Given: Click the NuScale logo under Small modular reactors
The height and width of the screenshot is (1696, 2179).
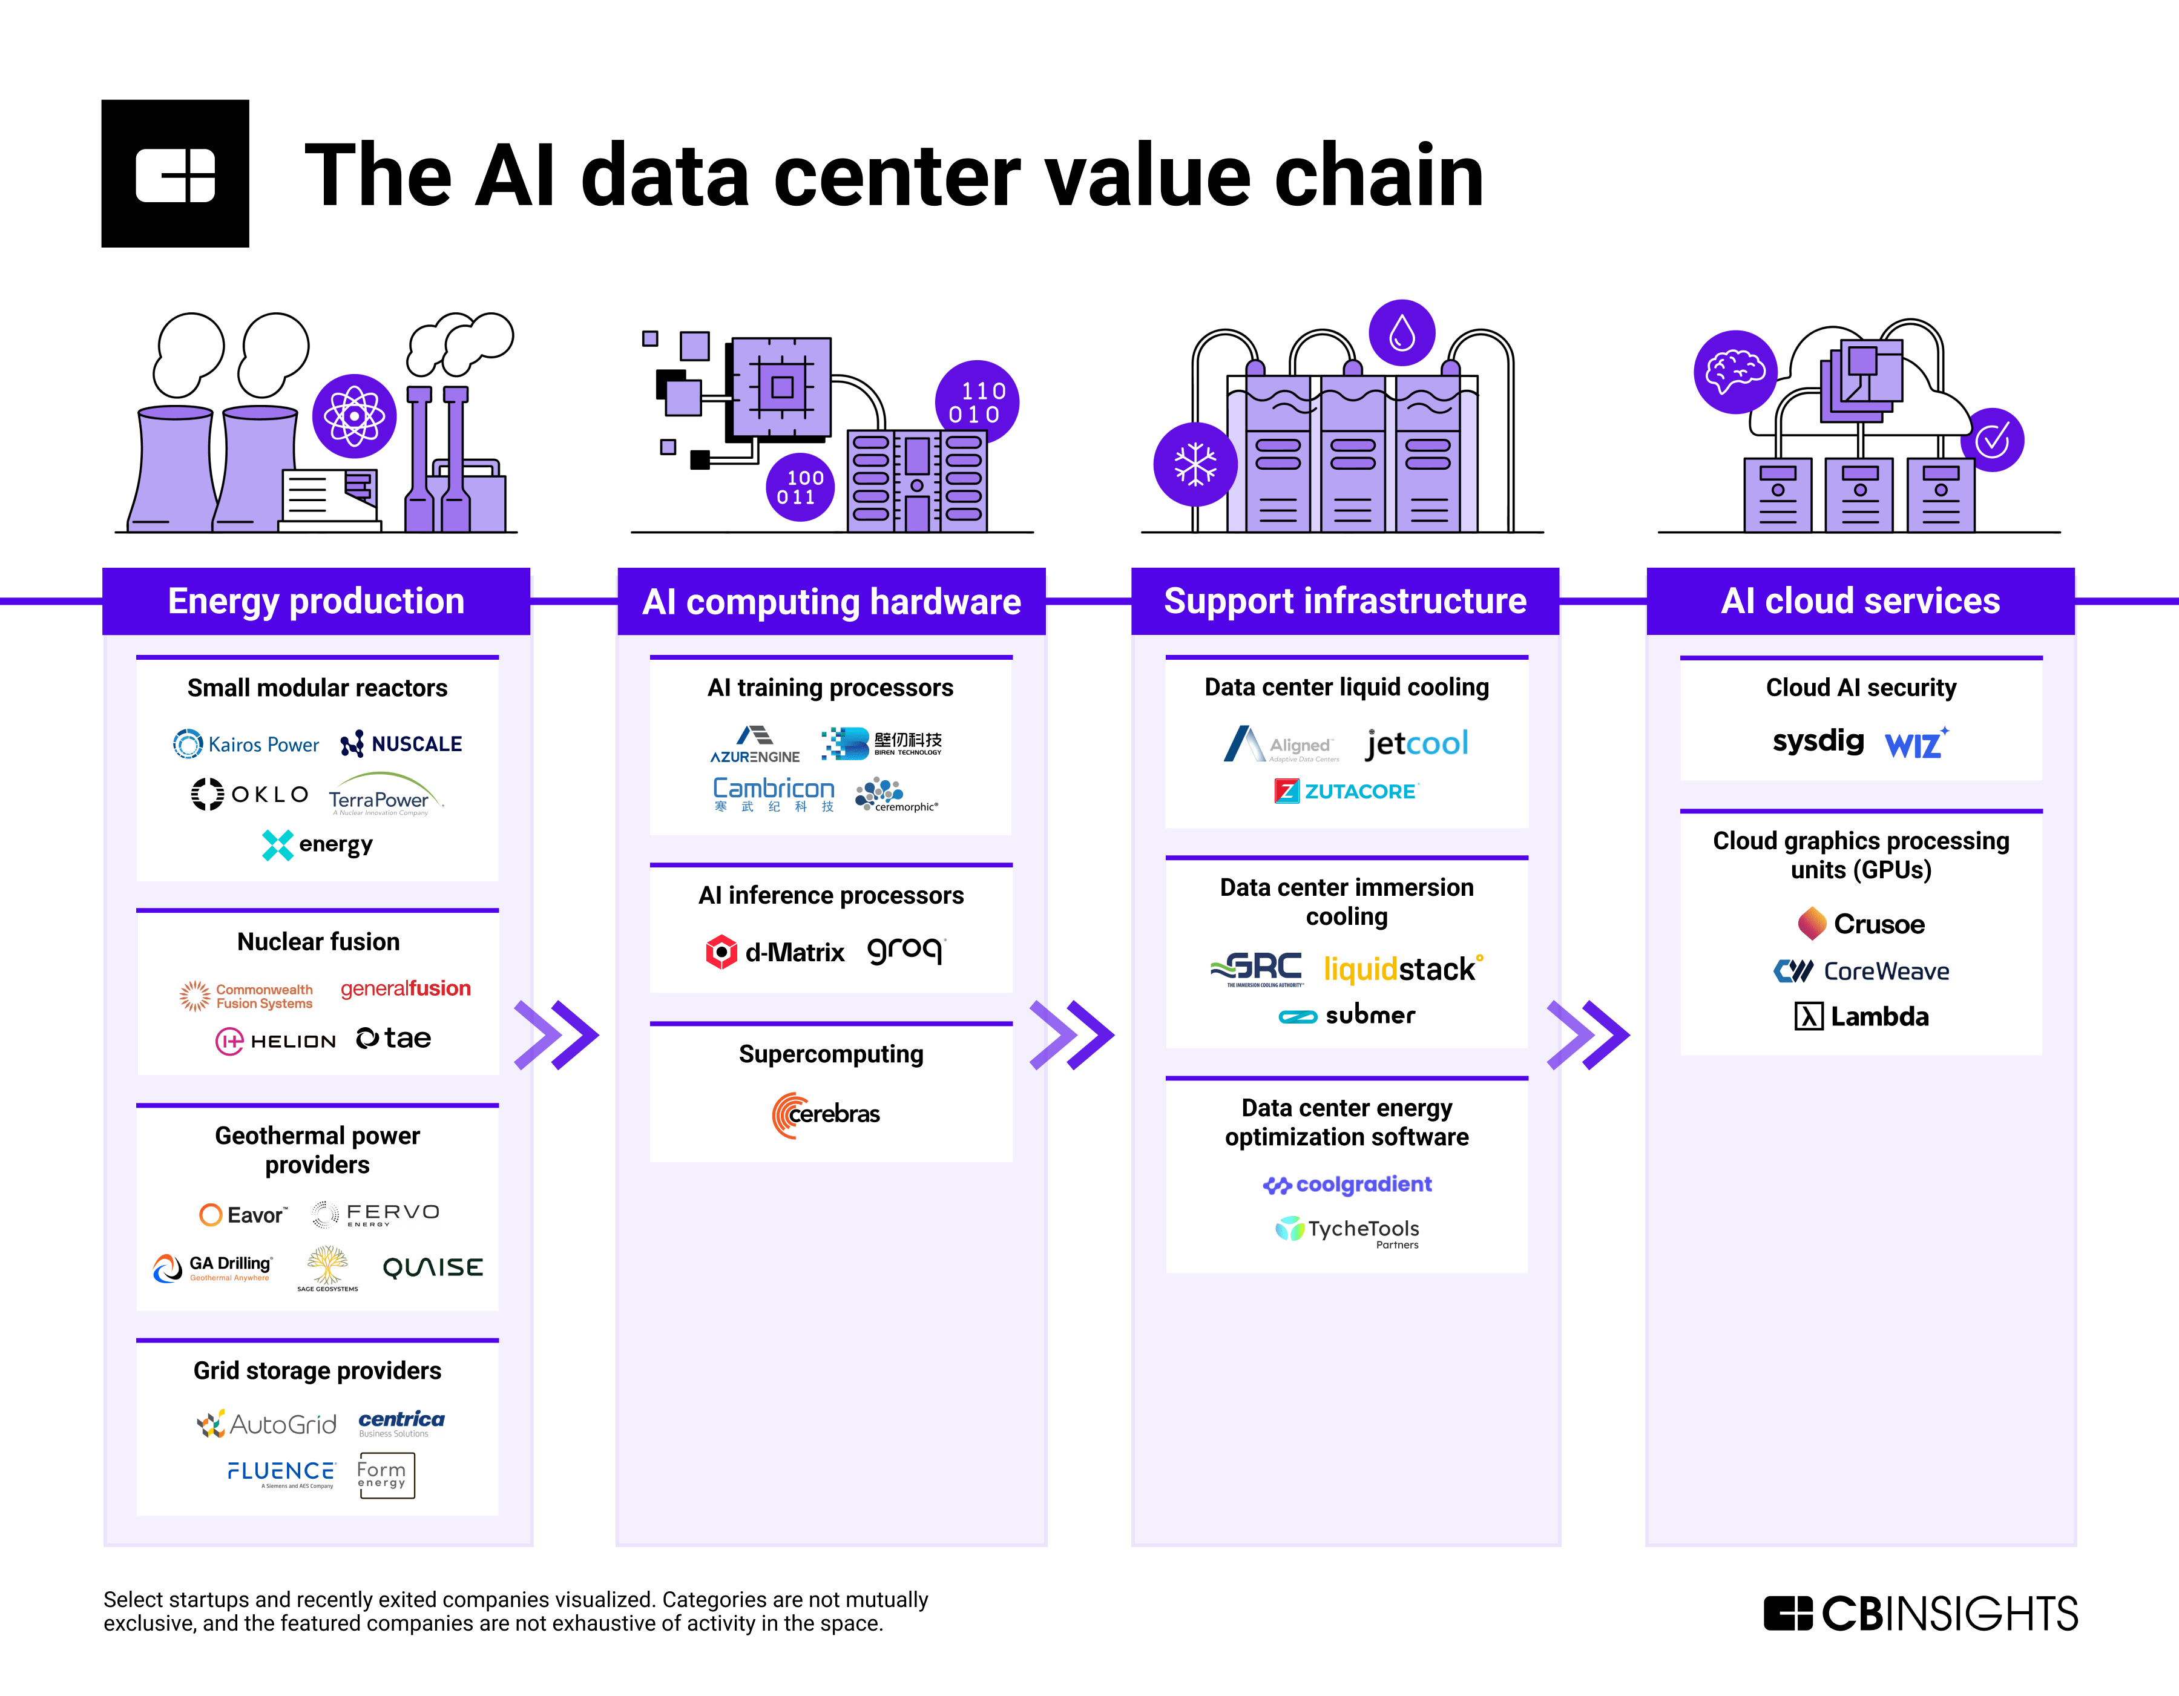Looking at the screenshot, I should coord(401,744).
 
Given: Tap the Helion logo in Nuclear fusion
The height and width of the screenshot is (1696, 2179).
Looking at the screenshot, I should coord(275,1040).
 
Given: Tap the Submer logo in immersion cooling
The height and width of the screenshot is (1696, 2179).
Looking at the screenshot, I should coord(1347,1016).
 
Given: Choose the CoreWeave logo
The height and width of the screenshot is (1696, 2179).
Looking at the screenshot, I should coord(1862,971).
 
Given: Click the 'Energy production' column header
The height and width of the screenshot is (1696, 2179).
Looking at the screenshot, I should coord(317,602).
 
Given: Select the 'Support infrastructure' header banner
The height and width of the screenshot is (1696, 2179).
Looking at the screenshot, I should coord(1345,602).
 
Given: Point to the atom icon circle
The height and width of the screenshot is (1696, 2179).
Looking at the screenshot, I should coord(354,416).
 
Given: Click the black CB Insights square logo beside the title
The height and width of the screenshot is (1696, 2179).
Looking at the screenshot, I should coord(176,174).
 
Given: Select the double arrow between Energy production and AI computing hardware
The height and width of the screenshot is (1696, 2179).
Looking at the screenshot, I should coord(557,1034).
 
